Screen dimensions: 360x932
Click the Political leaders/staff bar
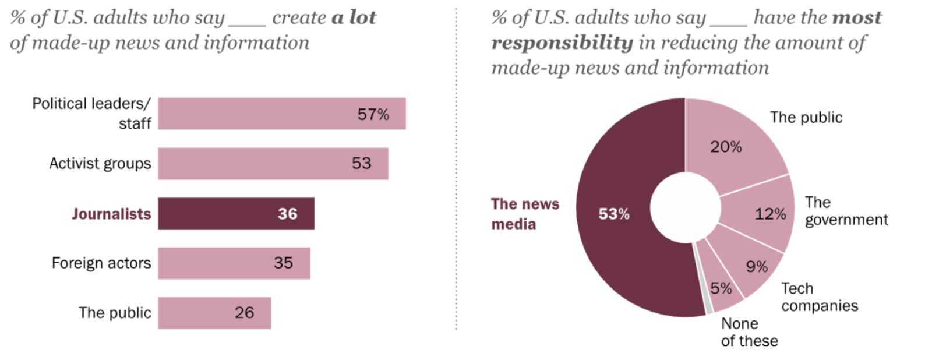(x=282, y=114)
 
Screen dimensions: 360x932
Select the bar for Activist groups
(x=273, y=164)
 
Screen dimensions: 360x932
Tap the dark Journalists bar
(x=236, y=213)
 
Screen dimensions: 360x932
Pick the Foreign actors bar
(x=234, y=263)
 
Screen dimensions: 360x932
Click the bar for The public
(x=214, y=313)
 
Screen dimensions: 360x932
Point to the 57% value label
(x=373, y=114)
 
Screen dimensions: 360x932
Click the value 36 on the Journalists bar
(x=287, y=214)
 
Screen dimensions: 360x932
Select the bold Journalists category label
(x=111, y=214)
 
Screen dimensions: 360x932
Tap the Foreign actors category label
(x=101, y=263)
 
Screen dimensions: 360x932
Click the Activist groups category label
(x=100, y=164)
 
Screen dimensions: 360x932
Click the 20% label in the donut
(x=726, y=147)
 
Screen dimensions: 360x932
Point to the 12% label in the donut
(x=770, y=214)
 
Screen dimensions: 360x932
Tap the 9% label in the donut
(x=757, y=267)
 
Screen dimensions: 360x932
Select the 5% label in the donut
(x=721, y=288)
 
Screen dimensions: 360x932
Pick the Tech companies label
(x=820, y=297)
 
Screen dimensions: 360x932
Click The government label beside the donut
(x=846, y=211)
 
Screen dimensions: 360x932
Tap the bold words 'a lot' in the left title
(x=354, y=17)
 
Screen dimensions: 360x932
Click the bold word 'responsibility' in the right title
(x=562, y=43)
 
